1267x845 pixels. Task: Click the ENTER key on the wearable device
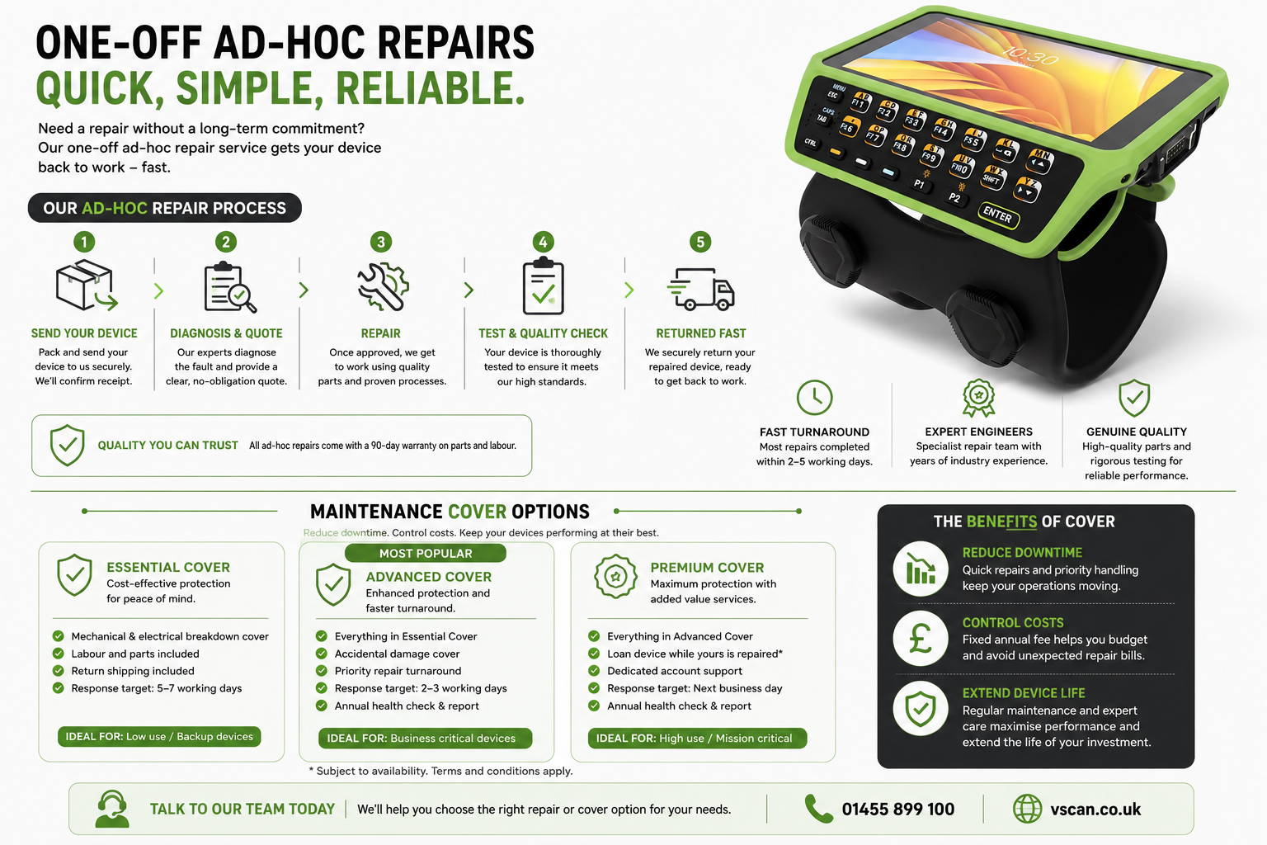(x=998, y=215)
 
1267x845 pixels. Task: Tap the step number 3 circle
(x=380, y=243)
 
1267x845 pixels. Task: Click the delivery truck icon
(x=701, y=289)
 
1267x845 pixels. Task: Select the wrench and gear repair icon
(x=383, y=287)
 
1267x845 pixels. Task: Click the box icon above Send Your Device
(x=87, y=286)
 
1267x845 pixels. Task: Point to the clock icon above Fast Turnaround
(x=814, y=397)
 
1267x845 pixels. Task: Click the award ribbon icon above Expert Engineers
(x=978, y=398)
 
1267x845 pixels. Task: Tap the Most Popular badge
(x=426, y=553)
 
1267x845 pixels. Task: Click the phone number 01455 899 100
(x=897, y=810)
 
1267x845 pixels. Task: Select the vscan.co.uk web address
(x=1095, y=810)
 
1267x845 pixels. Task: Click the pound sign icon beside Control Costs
(x=921, y=639)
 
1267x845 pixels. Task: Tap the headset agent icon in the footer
(x=112, y=810)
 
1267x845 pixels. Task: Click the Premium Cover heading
(x=707, y=567)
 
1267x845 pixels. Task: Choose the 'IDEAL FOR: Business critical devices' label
(x=425, y=738)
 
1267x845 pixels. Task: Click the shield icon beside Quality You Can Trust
(x=68, y=445)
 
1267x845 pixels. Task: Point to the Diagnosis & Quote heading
(x=226, y=333)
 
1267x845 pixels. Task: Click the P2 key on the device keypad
(x=954, y=197)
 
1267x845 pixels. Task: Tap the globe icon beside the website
(x=1027, y=809)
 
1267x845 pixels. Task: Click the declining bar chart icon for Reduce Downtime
(x=921, y=569)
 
